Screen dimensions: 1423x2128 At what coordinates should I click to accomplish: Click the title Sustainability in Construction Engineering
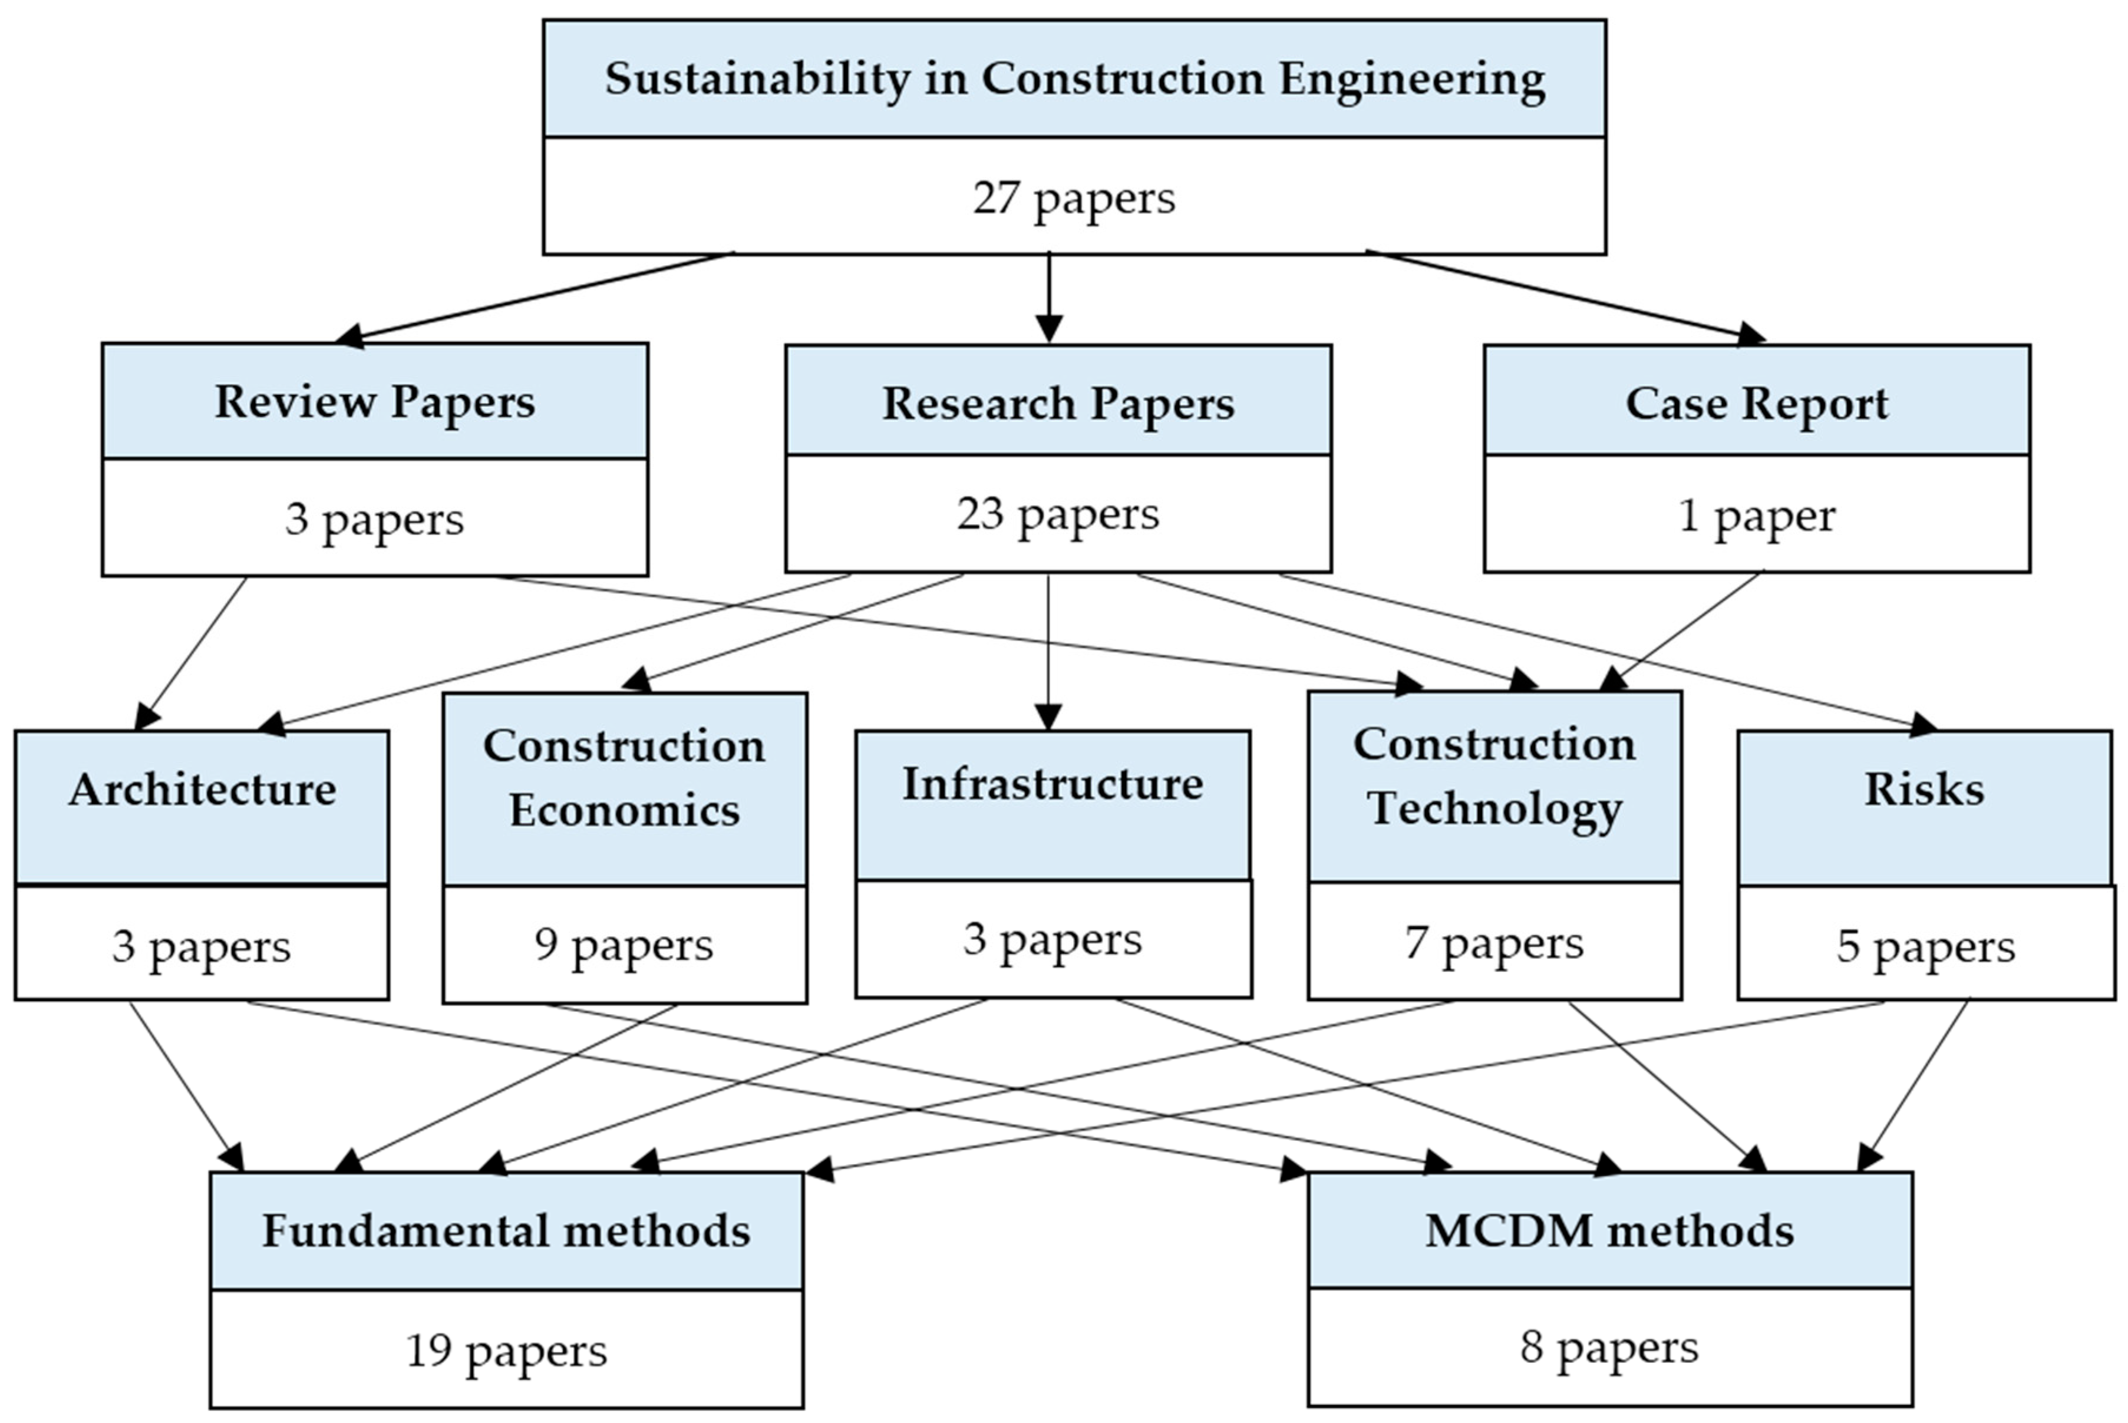(x=1074, y=79)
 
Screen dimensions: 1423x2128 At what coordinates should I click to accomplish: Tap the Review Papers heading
(x=375, y=401)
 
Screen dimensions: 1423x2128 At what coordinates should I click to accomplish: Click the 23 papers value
(x=1058, y=514)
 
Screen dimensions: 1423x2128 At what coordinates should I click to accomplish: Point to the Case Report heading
(x=1757, y=403)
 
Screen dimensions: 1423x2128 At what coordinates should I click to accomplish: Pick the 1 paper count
(x=1757, y=516)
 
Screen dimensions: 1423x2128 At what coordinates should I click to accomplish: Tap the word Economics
(x=624, y=810)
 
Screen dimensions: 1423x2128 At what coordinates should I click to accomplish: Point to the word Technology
(x=1494, y=808)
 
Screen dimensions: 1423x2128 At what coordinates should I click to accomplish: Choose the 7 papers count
(x=1494, y=942)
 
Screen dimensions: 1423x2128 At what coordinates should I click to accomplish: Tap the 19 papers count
(x=506, y=1351)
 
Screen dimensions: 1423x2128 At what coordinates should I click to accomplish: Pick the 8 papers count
(x=1610, y=1347)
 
